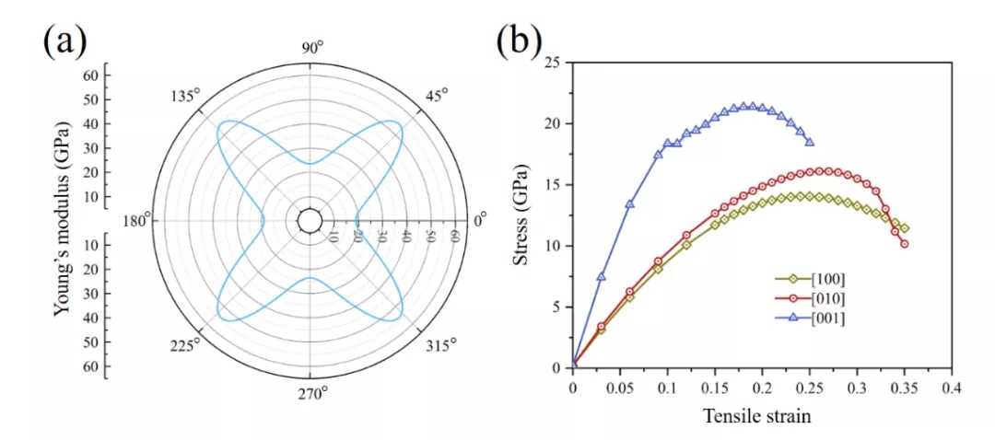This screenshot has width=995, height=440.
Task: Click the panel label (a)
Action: [x=64, y=42]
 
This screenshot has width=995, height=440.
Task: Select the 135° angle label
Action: [x=185, y=96]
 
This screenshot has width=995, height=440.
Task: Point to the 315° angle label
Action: [x=439, y=345]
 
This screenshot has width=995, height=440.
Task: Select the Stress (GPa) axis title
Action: [x=521, y=214]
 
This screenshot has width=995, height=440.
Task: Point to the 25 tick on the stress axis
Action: [x=554, y=63]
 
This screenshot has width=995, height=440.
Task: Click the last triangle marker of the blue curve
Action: [x=810, y=142]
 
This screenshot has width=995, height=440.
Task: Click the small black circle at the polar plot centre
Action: [x=310, y=221]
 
